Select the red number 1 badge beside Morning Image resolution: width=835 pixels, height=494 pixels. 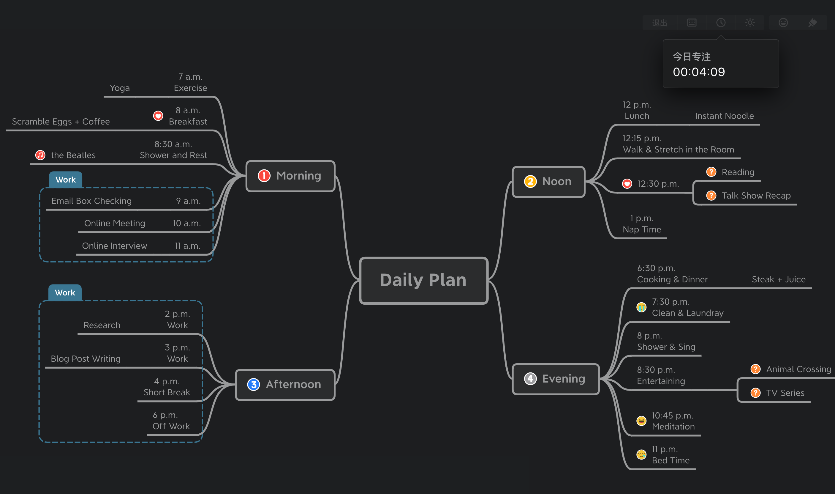click(264, 176)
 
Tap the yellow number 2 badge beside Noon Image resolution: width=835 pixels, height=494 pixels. click(530, 181)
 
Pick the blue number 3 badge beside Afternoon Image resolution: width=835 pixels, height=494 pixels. click(253, 385)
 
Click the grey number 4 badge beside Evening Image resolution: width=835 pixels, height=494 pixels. click(530, 379)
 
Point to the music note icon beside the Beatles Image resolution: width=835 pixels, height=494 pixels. click(40, 155)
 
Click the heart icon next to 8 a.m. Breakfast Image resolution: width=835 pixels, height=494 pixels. click(158, 116)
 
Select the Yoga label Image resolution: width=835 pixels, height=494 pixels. click(120, 88)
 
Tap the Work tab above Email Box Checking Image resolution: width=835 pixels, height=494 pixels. click(66, 180)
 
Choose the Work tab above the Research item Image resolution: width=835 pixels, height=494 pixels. click(65, 292)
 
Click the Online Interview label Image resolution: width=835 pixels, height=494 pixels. click(114, 246)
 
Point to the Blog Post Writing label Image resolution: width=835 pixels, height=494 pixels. click(86, 358)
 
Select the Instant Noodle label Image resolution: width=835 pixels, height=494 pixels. click(724, 116)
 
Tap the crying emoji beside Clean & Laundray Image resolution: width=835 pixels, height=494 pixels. click(641, 307)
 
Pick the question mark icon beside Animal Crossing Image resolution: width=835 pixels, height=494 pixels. click(755, 369)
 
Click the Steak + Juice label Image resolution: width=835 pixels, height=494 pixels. click(779, 279)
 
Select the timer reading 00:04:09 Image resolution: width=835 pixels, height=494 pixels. click(699, 72)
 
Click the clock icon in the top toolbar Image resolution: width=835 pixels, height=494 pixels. click(721, 23)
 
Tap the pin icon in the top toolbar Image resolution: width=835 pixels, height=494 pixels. click(812, 23)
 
